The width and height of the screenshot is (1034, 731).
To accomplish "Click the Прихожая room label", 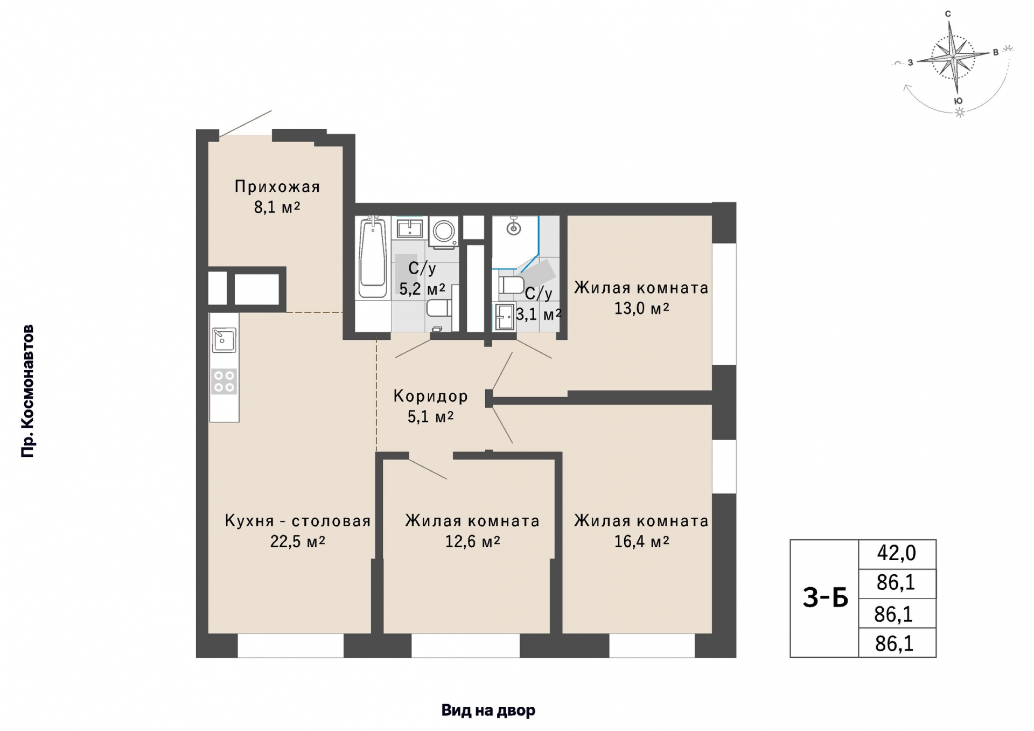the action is pyautogui.click(x=277, y=187).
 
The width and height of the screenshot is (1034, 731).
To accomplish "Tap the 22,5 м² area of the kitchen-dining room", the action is pyautogui.click(x=298, y=541).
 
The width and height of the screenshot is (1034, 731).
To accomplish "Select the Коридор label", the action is pyautogui.click(x=430, y=396).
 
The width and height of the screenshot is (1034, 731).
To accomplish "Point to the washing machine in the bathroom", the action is pyautogui.click(x=444, y=232).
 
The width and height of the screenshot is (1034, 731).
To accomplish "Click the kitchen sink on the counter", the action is pyautogui.click(x=223, y=340).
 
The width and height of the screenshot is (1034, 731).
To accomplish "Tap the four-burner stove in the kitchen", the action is pyautogui.click(x=224, y=381).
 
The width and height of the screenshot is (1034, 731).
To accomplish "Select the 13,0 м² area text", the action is pyautogui.click(x=642, y=309).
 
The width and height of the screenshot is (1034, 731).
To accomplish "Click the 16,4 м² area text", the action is pyautogui.click(x=642, y=541).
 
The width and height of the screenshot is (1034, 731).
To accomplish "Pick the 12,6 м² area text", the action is pyautogui.click(x=472, y=541).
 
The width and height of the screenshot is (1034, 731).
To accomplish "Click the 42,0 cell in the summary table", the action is pyautogui.click(x=897, y=553).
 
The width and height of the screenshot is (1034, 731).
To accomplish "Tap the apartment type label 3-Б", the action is pyautogui.click(x=825, y=597).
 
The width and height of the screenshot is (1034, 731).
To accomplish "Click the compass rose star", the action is pyautogui.click(x=954, y=57).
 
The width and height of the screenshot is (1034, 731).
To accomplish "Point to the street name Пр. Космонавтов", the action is pyautogui.click(x=27, y=391).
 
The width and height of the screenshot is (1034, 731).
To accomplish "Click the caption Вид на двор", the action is pyautogui.click(x=488, y=710).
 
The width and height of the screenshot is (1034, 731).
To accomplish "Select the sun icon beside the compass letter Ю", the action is pyautogui.click(x=959, y=113).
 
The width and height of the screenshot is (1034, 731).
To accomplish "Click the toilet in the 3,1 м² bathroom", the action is pyautogui.click(x=510, y=285).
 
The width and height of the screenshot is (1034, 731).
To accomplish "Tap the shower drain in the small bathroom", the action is pyautogui.click(x=514, y=228).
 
